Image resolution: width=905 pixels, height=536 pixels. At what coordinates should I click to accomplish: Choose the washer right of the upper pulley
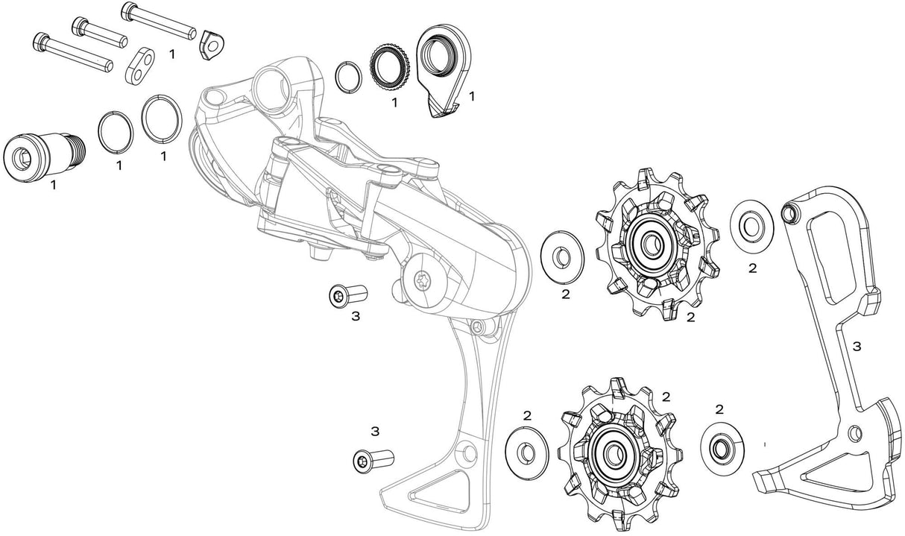(751, 223)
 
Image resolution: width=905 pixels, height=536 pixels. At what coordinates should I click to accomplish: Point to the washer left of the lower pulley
(526, 451)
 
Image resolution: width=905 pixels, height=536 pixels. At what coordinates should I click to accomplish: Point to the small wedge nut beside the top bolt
(211, 45)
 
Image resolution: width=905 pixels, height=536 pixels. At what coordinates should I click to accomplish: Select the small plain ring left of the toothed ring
(347, 76)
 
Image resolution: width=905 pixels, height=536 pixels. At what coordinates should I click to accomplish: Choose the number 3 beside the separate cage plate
(857, 347)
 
